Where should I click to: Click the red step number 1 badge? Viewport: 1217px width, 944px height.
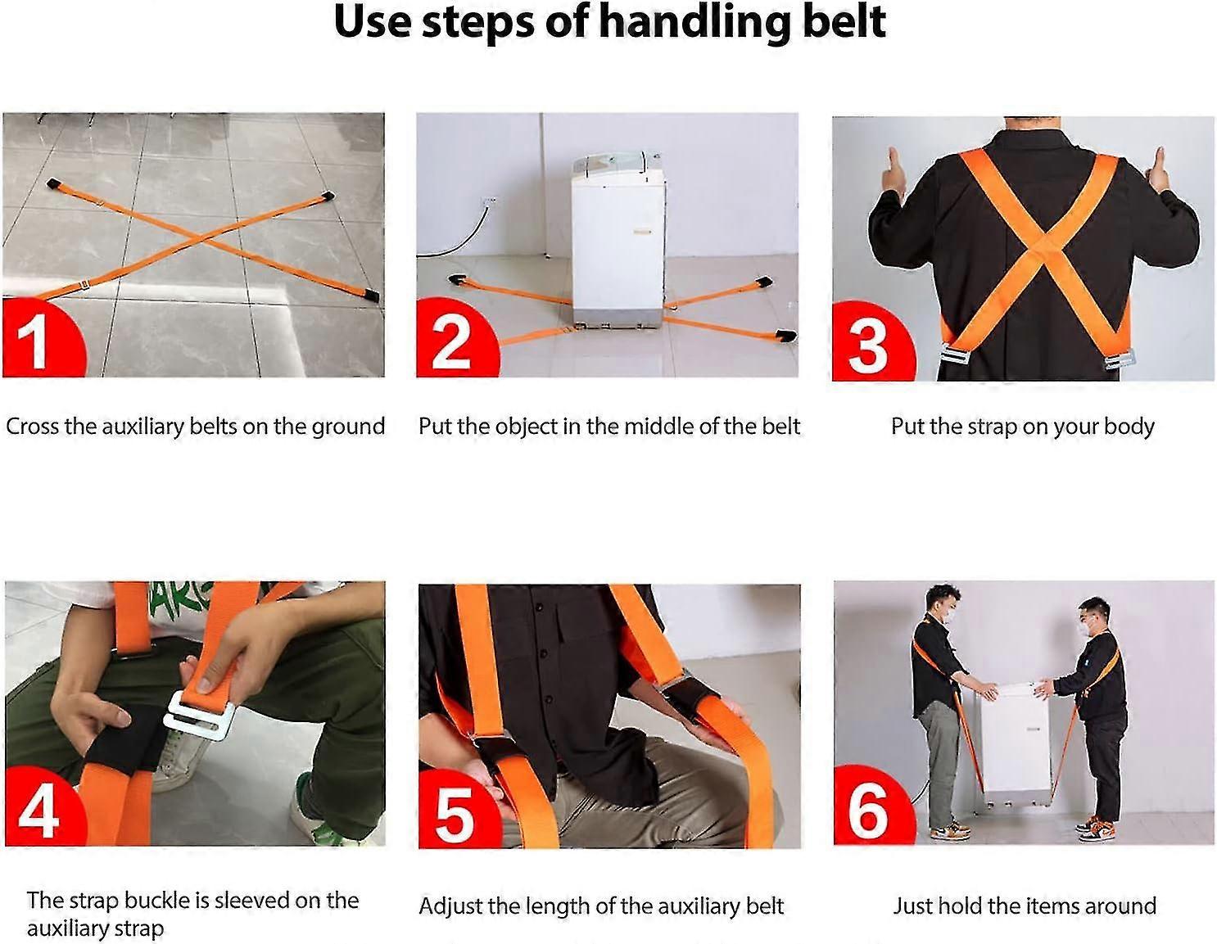click(x=37, y=340)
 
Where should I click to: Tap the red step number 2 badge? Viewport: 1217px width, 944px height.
click(x=452, y=340)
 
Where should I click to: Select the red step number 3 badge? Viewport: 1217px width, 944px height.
click(x=868, y=342)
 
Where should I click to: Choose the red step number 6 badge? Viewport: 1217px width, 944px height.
click(x=870, y=809)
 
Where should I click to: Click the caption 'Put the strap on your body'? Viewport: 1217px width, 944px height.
click(x=1022, y=427)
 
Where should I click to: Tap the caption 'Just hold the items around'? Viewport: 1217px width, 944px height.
click(x=1024, y=906)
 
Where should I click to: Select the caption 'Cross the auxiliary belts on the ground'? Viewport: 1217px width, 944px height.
click(x=195, y=427)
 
